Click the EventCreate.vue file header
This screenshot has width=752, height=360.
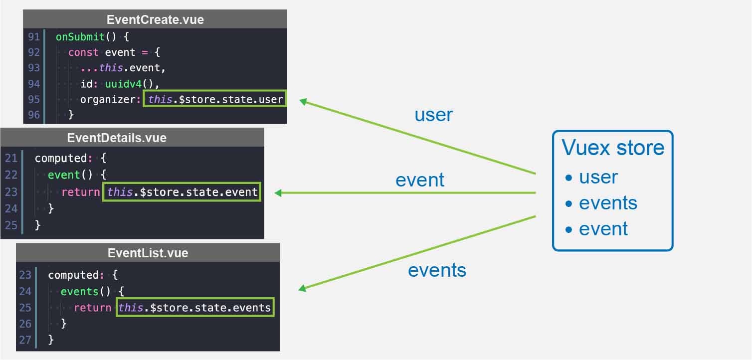coord(155,19)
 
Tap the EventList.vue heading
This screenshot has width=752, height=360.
coord(148,253)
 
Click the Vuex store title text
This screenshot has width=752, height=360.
coord(613,148)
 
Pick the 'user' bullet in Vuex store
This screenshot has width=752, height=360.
coord(598,177)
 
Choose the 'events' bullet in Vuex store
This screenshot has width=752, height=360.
coord(608,203)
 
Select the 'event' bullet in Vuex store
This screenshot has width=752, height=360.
coord(603,229)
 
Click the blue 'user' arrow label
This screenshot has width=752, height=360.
coord(433,115)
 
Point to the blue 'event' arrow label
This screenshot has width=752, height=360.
coord(420,180)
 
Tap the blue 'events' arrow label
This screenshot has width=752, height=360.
coord(437,270)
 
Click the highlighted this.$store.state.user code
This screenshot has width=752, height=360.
coord(215,99)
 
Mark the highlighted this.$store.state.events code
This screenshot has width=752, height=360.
coord(195,308)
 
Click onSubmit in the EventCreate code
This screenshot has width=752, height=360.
coord(80,37)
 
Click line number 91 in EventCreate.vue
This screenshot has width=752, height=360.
coord(33,37)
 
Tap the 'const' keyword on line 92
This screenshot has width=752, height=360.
coord(84,52)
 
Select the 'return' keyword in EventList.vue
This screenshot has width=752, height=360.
coord(92,308)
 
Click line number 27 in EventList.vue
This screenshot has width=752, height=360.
coord(25,340)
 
